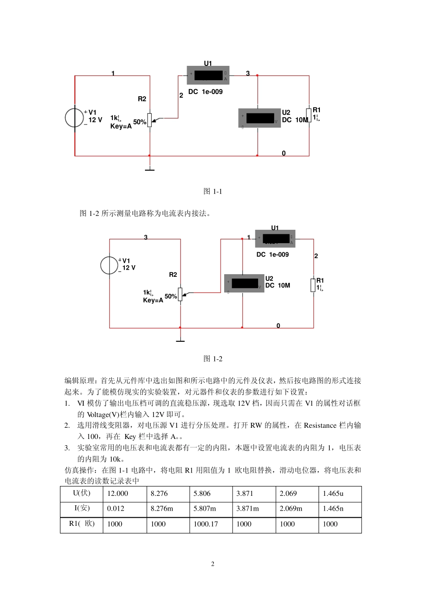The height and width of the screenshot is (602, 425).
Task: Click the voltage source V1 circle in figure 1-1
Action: pyautogui.click(x=74, y=118)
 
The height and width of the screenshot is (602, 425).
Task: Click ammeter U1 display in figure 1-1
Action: pyautogui.click(x=208, y=75)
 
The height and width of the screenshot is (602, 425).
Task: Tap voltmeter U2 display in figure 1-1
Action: pyautogui.click(x=259, y=118)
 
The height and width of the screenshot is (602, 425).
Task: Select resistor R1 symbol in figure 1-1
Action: pyautogui.click(x=309, y=115)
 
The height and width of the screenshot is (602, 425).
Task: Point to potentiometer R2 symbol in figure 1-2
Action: pyautogui.click(x=180, y=294)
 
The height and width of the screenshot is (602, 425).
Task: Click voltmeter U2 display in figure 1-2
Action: pyautogui.click(x=245, y=284)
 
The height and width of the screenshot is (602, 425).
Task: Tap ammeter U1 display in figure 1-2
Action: pyautogui.click(x=276, y=239)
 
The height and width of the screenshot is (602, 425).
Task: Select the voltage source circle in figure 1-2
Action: pyautogui.click(x=109, y=265)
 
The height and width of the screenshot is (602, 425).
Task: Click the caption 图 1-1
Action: pyautogui.click(x=212, y=191)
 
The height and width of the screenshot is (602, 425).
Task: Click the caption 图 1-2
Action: pyautogui.click(x=212, y=359)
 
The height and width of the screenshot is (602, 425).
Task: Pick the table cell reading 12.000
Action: pyautogui.click(x=118, y=494)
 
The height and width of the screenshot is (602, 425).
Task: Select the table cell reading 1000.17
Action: pyautogui.click(x=206, y=524)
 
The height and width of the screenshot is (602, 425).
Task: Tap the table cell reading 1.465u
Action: pyautogui.click(x=333, y=494)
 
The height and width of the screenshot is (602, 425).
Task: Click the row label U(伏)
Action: pyautogui.click(x=82, y=493)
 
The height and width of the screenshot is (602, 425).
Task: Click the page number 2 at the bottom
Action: pyautogui.click(x=212, y=564)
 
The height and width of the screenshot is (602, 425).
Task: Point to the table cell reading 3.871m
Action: pyautogui.click(x=247, y=509)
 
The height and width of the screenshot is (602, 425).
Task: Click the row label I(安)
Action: pyautogui.click(x=82, y=508)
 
